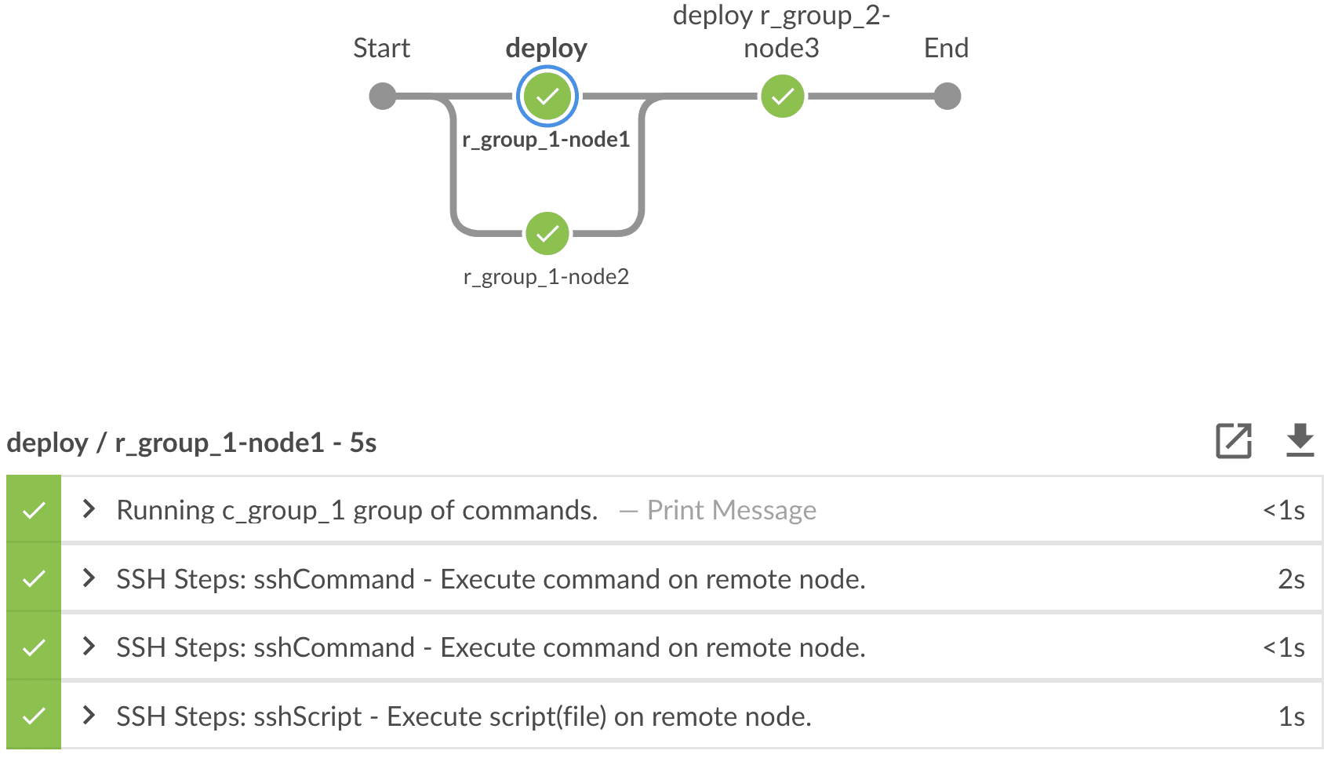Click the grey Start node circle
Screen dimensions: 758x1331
click(x=383, y=97)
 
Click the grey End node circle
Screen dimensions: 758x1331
click(x=947, y=97)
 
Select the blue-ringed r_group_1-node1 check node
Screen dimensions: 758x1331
click(x=547, y=97)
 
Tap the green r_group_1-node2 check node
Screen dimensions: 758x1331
click(x=547, y=234)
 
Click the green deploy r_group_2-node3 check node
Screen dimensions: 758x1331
click(x=783, y=97)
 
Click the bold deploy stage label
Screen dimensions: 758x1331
click(x=546, y=49)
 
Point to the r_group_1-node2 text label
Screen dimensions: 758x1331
click(x=546, y=277)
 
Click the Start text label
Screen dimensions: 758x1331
click(x=381, y=49)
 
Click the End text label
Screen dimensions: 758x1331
click(x=946, y=49)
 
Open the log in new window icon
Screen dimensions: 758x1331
click(x=1234, y=441)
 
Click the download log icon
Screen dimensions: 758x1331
click(x=1300, y=440)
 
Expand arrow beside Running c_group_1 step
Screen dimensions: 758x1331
click(x=89, y=510)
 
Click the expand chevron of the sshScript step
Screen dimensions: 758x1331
click(x=89, y=716)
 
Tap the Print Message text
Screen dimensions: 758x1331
click(x=731, y=511)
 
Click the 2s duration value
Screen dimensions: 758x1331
click(x=1291, y=580)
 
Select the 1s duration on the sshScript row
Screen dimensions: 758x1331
click(x=1291, y=717)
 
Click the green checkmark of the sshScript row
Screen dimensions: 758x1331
click(x=34, y=716)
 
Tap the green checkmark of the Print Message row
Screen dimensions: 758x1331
click(x=34, y=511)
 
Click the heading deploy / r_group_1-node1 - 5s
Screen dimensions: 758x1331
click(x=191, y=443)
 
